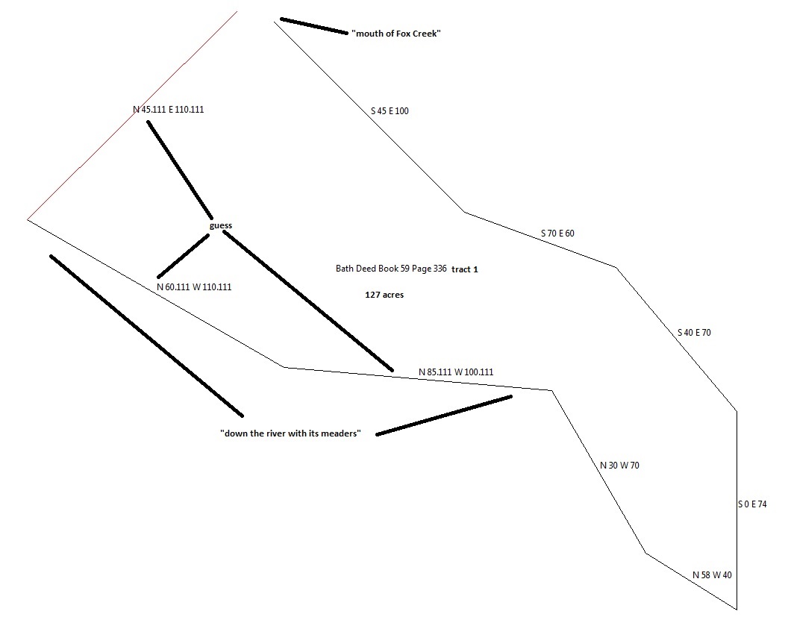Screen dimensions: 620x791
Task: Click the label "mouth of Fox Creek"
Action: [x=395, y=34]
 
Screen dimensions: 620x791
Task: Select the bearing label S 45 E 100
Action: [x=390, y=111]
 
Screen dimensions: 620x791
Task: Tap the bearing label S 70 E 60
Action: [x=557, y=234]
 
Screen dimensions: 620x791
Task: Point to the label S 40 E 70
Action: [x=694, y=333]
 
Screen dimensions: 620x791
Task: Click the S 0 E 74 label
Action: [x=752, y=505]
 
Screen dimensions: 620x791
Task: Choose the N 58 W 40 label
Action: [x=712, y=575]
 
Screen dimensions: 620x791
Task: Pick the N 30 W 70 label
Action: [x=619, y=466]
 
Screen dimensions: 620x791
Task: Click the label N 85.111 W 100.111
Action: [x=456, y=372]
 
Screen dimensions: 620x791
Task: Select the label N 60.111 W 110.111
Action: [x=194, y=286]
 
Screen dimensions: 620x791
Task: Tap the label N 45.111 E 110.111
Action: [x=168, y=110]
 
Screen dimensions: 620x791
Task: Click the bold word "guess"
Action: [x=221, y=225]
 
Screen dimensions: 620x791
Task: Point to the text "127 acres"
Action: [x=384, y=295]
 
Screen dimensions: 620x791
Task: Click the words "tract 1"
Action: [x=465, y=269]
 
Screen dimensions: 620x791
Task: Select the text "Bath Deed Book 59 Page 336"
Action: [x=391, y=269]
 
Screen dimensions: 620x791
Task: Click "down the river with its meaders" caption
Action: [x=291, y=434]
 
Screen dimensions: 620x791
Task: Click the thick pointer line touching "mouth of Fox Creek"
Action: [x=313, y=26]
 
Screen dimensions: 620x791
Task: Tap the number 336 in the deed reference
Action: [x=439, y=269]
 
